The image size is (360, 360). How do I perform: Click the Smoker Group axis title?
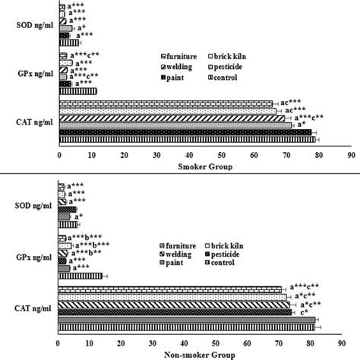pyautogui.click(x=205, y=166)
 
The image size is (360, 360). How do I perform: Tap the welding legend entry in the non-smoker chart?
pyautogui.click(x=179, y=257)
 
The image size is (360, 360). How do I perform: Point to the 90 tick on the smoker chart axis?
pyautogui.click(x=350, y=155)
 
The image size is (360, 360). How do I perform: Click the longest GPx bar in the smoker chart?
pyautogui.click(x=77, y=91)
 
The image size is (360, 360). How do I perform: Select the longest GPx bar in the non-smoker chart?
pyautogui.click(x=81, y=276)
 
